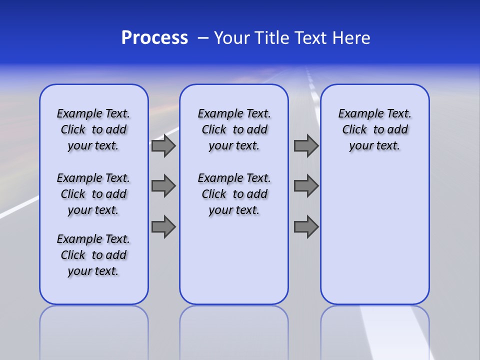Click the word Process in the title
pyautogui.click(x=154, y=38)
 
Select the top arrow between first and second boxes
pyautogui.click(x=163, y=146)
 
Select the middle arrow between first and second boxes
pyautogui.click(x=163, y=186)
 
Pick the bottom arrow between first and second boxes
pyautogui.click(x=163, y=226)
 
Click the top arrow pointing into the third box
pyautogui.click(x=306, y=146)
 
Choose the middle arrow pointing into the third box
pyautogui.click(x=306, y=186)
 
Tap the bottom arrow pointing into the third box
pyautogui.click(x=306, y=226)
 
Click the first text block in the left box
pyautogui.click(x=93, y=129)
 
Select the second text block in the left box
pyautogui.click(x=93, y=194)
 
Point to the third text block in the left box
pyautogui.click(x=93, y=255)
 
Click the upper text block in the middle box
pyautogui.click(x=234, y=129)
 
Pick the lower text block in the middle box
pyautogui.click(x=234, y=194)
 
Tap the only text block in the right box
pyautogui.click(x=374, y=129)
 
